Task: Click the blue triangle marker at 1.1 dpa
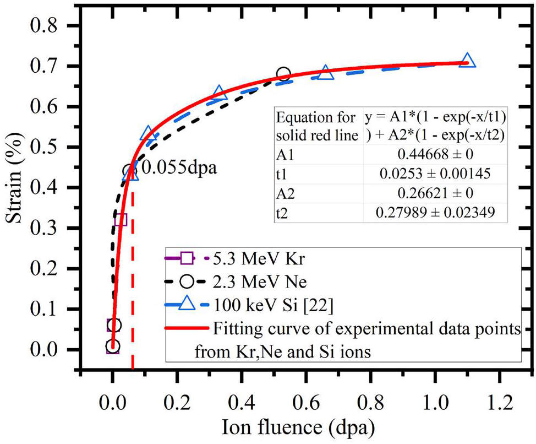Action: pyautogui.click(x=467, y=60)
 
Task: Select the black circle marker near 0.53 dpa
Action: pyautogui.click(x=283, y=74)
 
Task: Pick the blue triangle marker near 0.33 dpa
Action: pyautogui.click(x=219, y=92)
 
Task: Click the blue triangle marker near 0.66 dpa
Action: pyautogui.click(x=326, y=73)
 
